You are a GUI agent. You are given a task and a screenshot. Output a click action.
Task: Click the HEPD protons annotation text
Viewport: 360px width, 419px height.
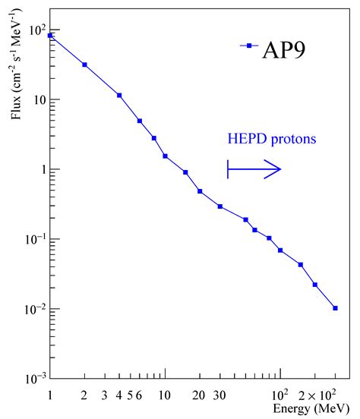(x=270, y=140)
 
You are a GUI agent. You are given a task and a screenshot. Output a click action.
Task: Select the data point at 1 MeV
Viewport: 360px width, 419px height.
(x=50, y=36)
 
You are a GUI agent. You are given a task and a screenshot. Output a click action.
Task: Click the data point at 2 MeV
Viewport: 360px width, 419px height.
(x=84, y=65)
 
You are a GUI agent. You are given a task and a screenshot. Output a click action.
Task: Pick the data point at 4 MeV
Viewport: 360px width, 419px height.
(x=119, y=96)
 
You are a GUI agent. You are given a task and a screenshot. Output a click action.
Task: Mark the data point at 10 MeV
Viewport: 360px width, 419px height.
(x=165, y=156)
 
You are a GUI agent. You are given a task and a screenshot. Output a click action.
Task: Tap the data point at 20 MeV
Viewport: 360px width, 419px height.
(x=200, y=191)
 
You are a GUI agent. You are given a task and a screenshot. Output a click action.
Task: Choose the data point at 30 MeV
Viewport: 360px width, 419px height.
(x=220, y=206)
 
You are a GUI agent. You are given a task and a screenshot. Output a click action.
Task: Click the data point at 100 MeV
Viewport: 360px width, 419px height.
(x=280, y=250)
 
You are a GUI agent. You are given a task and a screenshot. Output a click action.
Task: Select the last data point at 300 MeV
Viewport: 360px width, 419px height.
(x=335, y=308)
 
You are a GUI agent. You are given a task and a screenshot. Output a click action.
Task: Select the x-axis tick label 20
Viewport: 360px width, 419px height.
(x=199, y=395)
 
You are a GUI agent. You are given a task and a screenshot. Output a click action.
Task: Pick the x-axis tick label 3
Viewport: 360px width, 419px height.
(x=105, y=395)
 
